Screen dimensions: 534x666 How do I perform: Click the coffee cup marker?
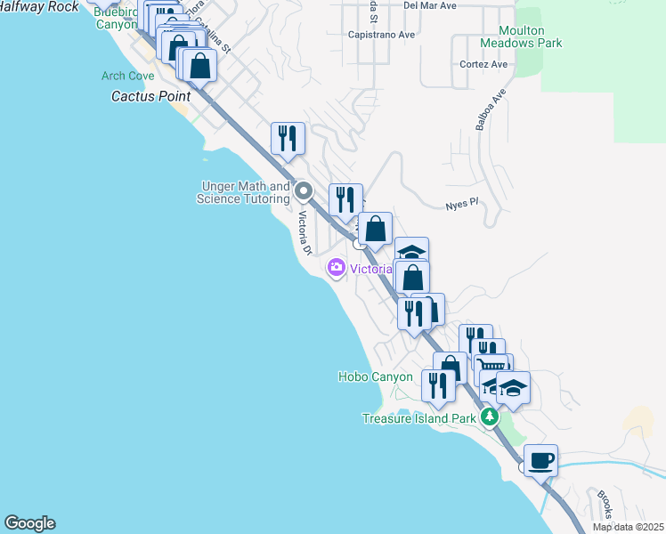click(x=540, y=461)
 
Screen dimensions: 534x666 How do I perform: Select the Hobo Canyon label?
click(x=375, y=377)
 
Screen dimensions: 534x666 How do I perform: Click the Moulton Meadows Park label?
click(x=521, y=36)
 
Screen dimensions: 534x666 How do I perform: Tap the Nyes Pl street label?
click(x=462, y=204)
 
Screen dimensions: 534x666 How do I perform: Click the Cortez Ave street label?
click(x=483, y=65)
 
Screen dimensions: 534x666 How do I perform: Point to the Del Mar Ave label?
click(x=429, y=5)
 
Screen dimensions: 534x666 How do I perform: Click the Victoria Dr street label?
click(x=305, y=232)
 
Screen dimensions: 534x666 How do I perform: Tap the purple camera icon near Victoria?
click(x=336, y=267)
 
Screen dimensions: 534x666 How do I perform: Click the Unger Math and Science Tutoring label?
click(x=243, y=193)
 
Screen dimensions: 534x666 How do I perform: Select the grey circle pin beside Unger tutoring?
click(x=304, y=190)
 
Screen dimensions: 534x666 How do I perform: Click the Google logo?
click(x=29, y=523)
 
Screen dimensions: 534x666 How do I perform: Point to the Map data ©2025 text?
click(x=629, y=527)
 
